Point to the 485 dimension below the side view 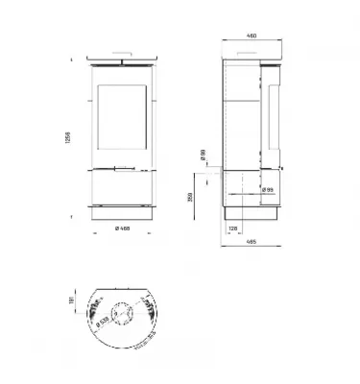251,240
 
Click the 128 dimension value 233,228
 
